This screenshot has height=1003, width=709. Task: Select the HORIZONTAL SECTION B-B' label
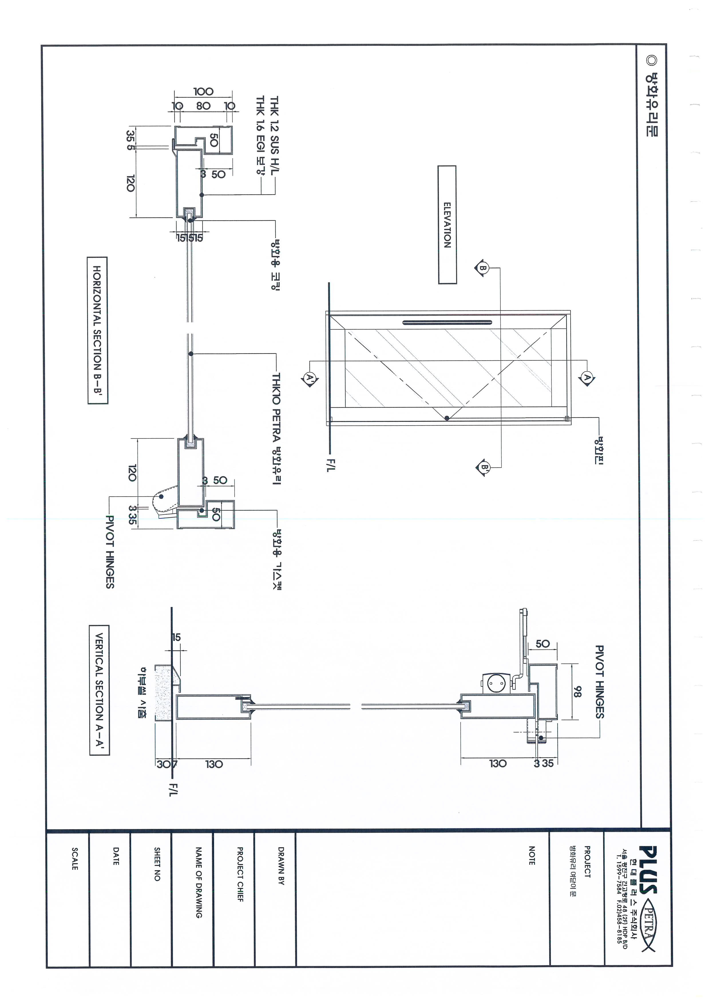(x=97, y=330)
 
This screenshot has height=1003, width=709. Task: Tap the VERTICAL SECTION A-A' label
(x=99, y=690)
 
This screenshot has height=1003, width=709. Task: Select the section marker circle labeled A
(x=587, y=378)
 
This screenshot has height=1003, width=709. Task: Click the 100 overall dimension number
(x=203, y=91)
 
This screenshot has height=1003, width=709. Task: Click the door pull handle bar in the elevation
(x=447, y=323)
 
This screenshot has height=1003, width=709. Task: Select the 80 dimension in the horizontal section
(x=203, y=106)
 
